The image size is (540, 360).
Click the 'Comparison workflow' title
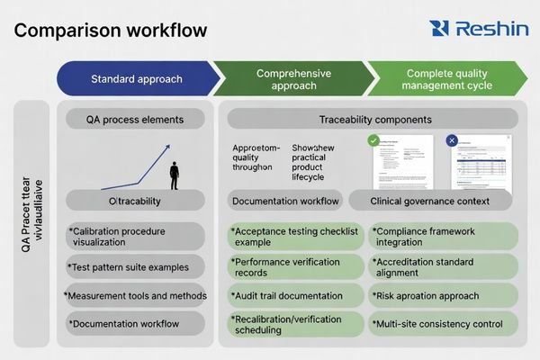click(111, 29)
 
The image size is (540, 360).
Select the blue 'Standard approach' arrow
click(136, 79)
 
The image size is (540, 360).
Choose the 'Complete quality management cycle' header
click(448, 79)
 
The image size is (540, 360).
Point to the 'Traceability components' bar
click(373, 120)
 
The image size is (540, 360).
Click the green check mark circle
click(373, 141)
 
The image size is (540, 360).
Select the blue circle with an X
click(453, 141)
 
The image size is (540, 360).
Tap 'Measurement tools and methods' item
click(137, 295)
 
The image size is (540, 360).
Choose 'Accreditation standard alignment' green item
click(443, 265)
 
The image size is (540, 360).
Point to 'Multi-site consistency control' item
click(443, 323)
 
